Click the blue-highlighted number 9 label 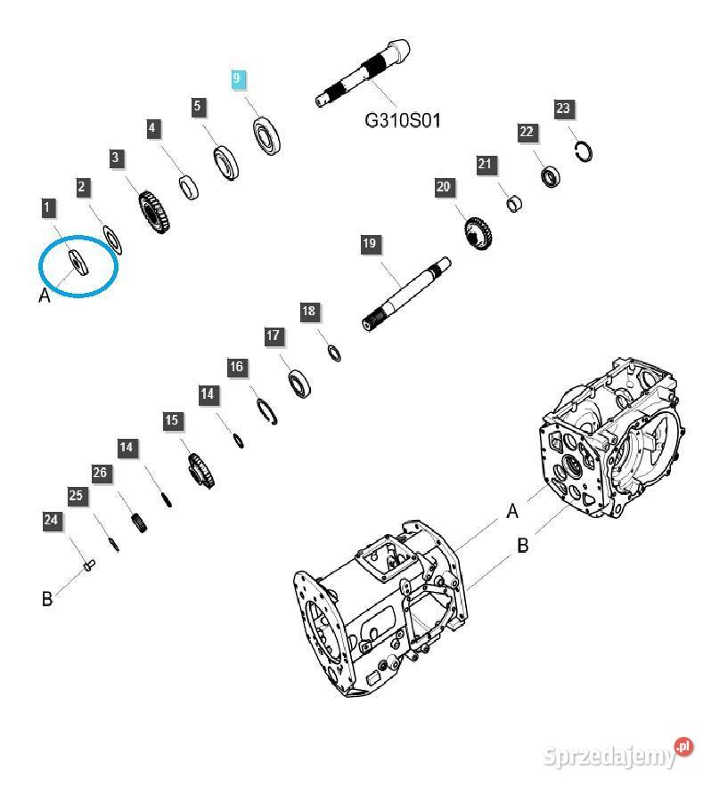[x=237, y=78]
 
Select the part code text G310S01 [x=402, y=119]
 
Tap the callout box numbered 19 [x=370, y=243]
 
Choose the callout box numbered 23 [x=563, y=109]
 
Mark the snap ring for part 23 [x=584, y=151]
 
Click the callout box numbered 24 [x=53, y=520]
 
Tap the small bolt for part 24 [x=87, y=563]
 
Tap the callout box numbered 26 [x=101, y=473]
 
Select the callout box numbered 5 [x=198, y=108]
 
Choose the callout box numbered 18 [x=308, y=311]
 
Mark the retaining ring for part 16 [x=267, y=411]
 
